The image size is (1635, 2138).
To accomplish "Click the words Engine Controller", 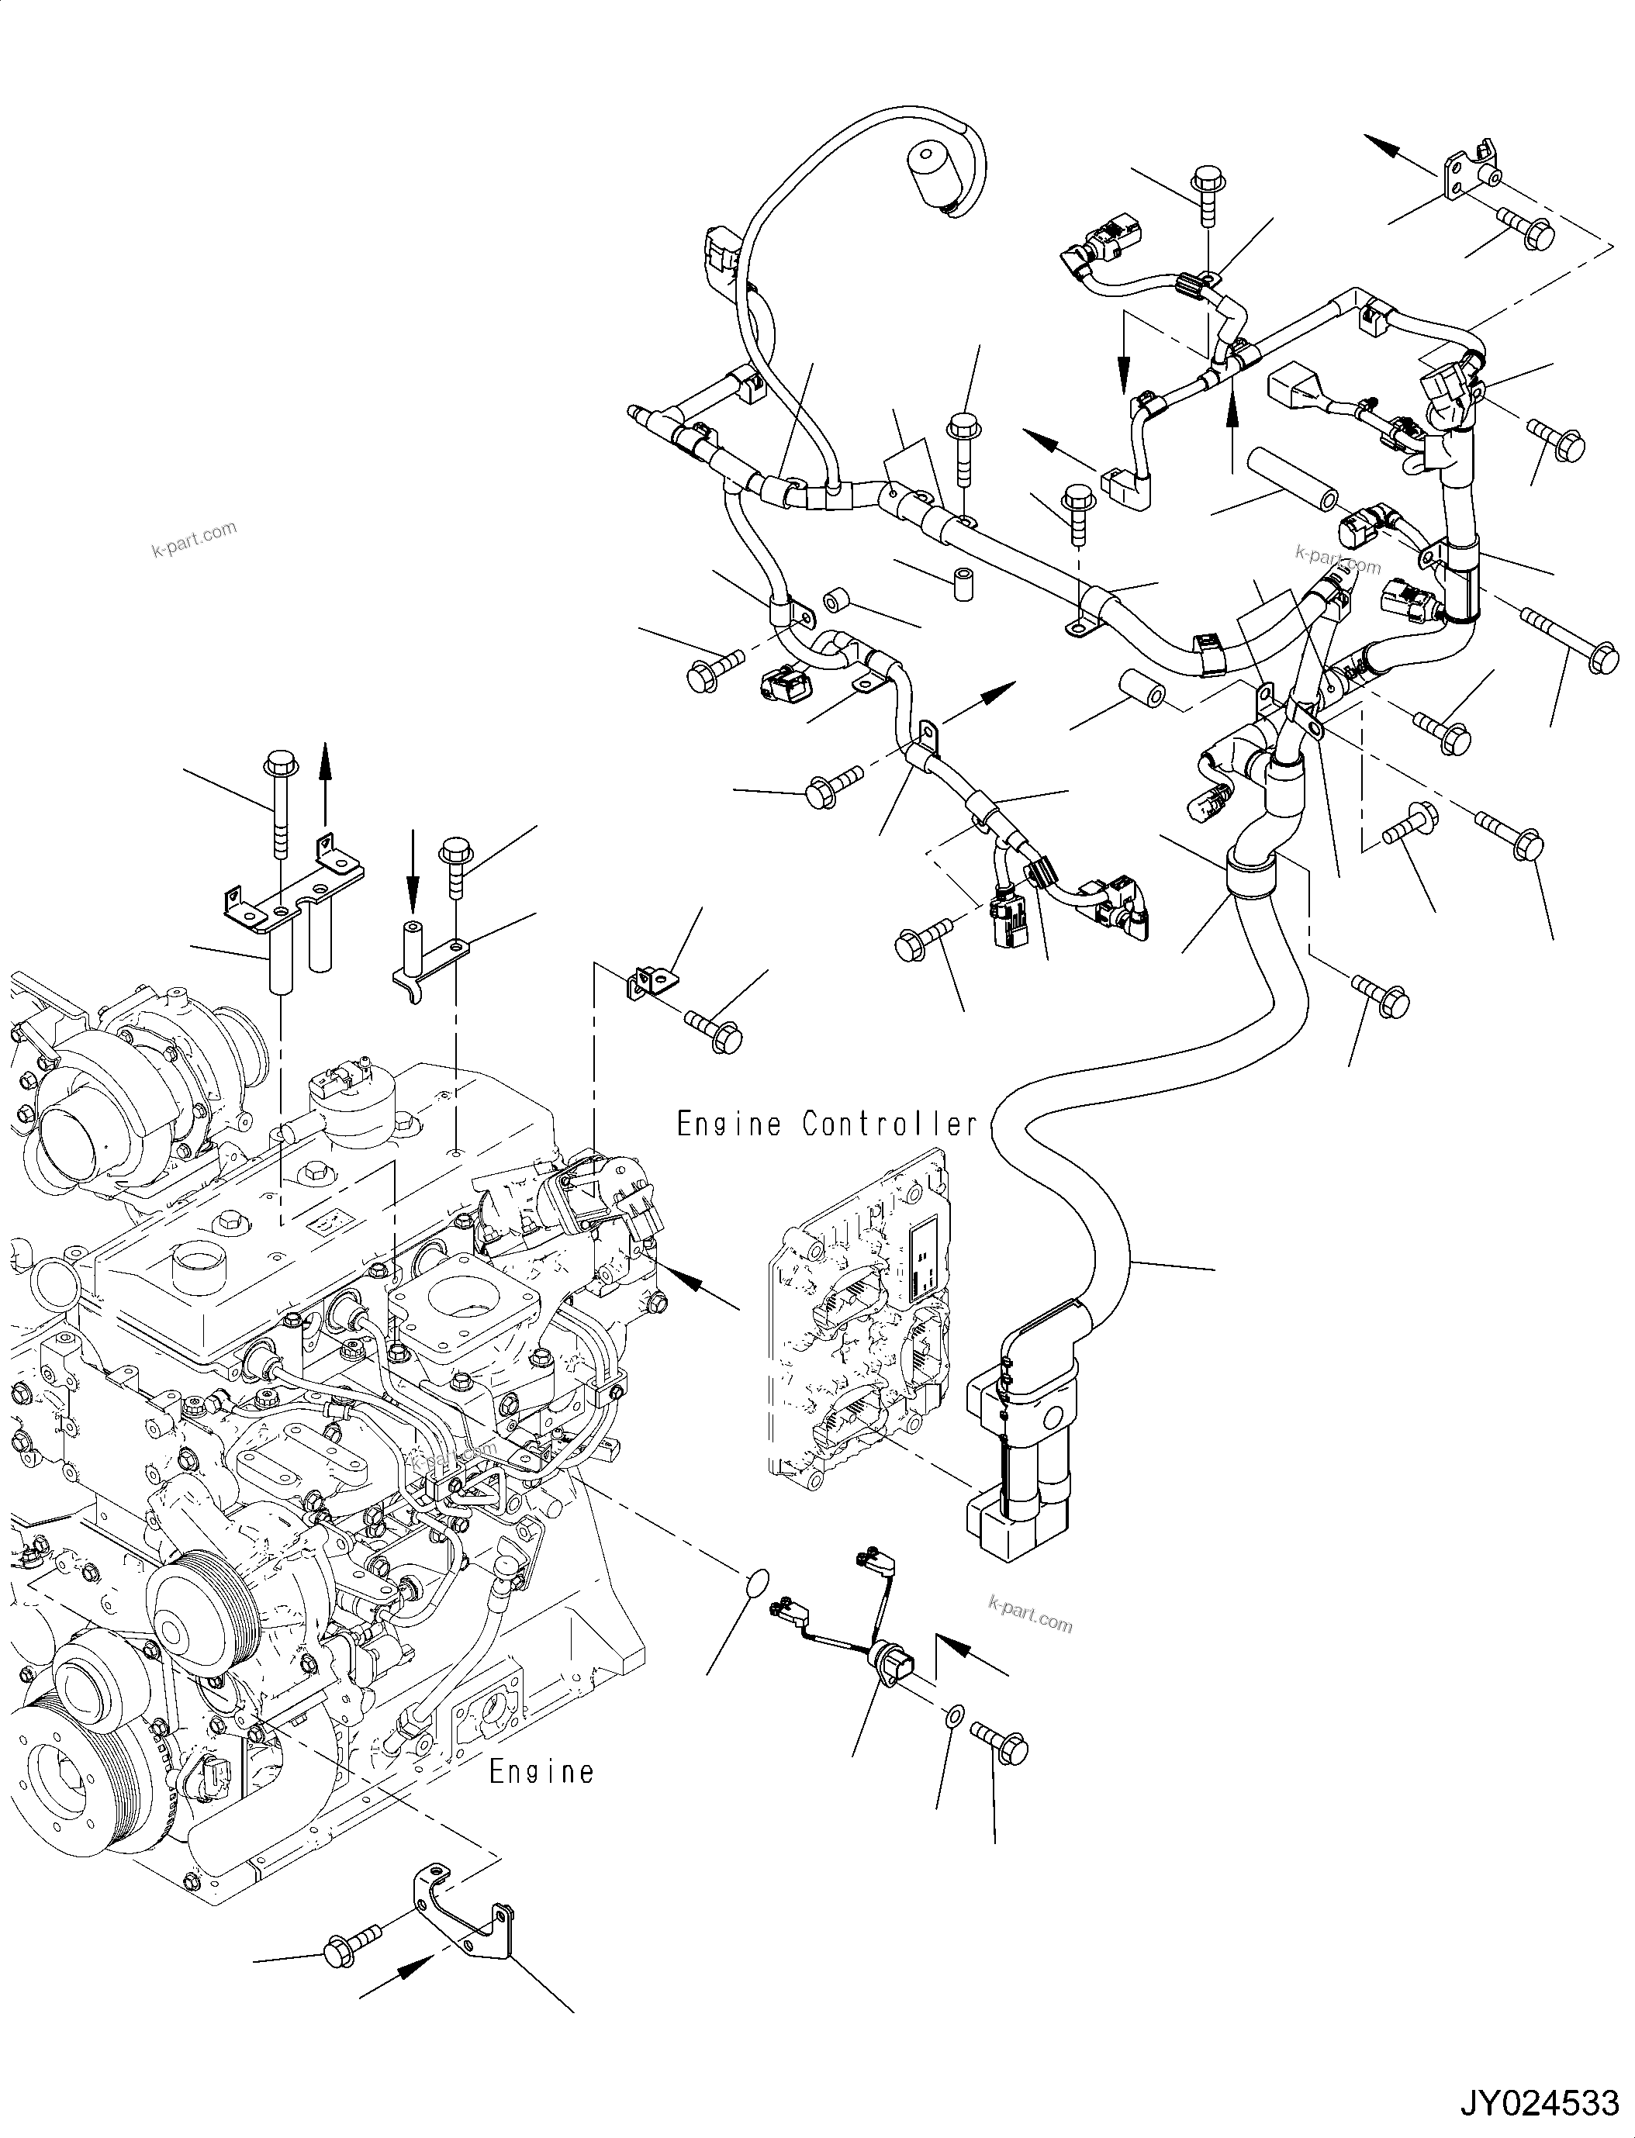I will click(x=826, y=1125).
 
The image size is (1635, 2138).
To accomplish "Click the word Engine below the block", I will click(x=541, y=1771).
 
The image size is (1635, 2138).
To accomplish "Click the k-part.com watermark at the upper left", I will click(x=195, y=538).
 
